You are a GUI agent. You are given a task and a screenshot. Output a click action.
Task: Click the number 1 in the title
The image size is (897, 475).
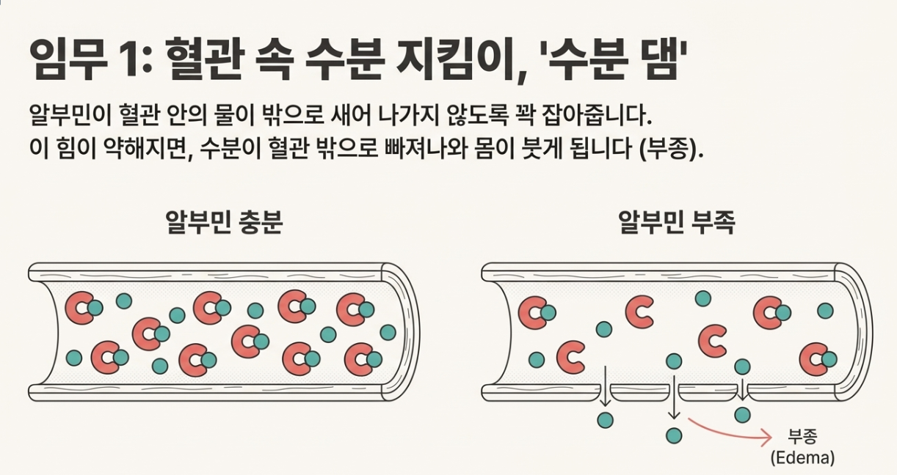click(113, 62)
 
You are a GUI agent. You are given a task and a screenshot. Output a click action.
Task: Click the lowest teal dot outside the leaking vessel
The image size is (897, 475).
click(673, 435)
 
